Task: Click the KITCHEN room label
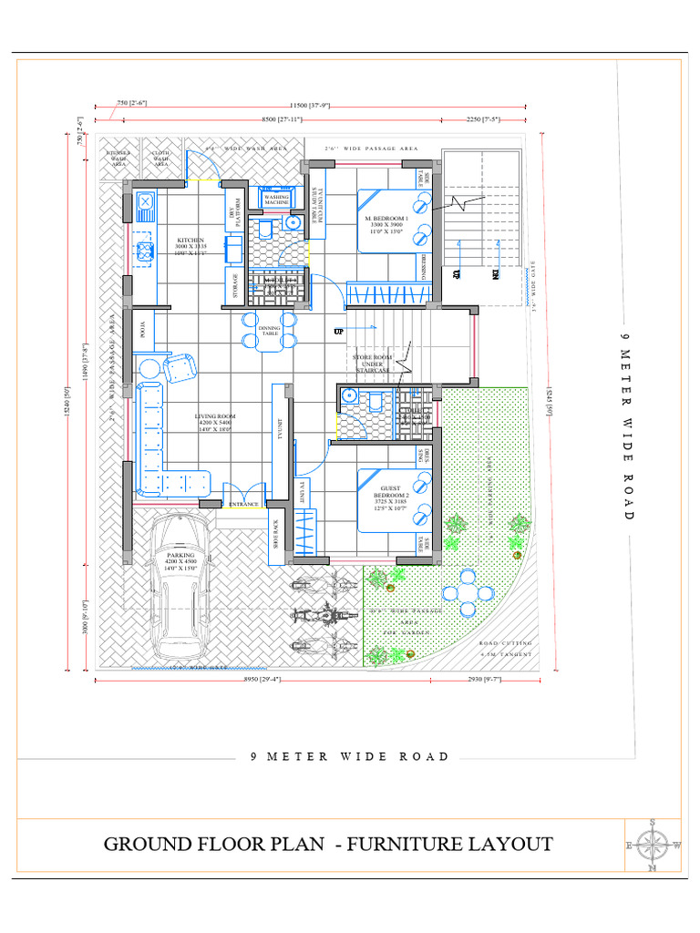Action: [x=190, y=241]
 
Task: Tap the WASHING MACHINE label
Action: [x=276, y=199]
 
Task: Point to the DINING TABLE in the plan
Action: [x=270, y=331]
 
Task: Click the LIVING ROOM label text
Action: [x=214, y=421]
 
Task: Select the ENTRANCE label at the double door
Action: [x=243, y=504]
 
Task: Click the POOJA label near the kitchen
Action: [x=141, y=326]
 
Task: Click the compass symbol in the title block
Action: [x=653, y=844]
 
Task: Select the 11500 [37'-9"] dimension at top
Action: [x=310, y=107]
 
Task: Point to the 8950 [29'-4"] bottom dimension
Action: [x=229, y=679]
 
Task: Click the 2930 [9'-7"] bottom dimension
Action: [x=482, y=679]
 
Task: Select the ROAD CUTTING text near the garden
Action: [x=505, y=643]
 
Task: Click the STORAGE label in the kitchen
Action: [x=235, y=285]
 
